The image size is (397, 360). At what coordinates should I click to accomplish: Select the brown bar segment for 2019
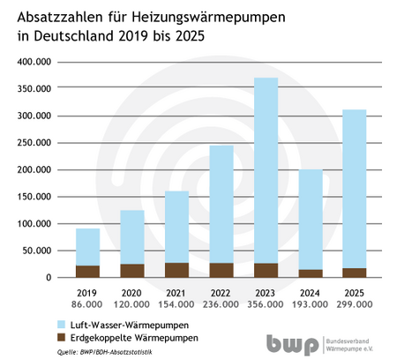87,271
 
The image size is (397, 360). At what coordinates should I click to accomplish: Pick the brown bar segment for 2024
311,273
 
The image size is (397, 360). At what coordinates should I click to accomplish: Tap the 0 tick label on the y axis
50,278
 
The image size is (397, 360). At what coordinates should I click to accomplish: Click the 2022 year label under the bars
221,291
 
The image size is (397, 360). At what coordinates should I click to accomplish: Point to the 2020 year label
132,291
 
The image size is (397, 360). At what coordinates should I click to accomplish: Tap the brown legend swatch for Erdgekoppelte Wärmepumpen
60,338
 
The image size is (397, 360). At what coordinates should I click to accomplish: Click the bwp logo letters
294,343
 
